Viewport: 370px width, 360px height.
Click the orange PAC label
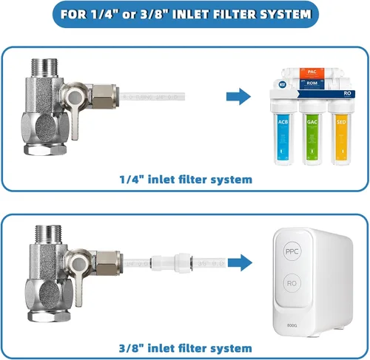click(312, 73)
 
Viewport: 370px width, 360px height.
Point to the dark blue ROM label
click(312, 84)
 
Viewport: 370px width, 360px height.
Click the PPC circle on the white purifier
click(292, 251)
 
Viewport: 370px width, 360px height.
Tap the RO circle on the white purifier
click(292, 283)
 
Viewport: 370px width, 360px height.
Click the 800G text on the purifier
click(292, 325)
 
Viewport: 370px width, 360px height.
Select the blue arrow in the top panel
click(238, 96)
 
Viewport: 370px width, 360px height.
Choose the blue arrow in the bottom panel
click(240, 262)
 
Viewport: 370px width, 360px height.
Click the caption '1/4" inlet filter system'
click(186, 180)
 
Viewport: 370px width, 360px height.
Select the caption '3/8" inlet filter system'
click(186, 348)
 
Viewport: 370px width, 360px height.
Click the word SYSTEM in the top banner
click(286, 14)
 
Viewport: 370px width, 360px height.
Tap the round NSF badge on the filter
click(282, 84)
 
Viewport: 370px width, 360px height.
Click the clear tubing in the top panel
click(152, 96)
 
